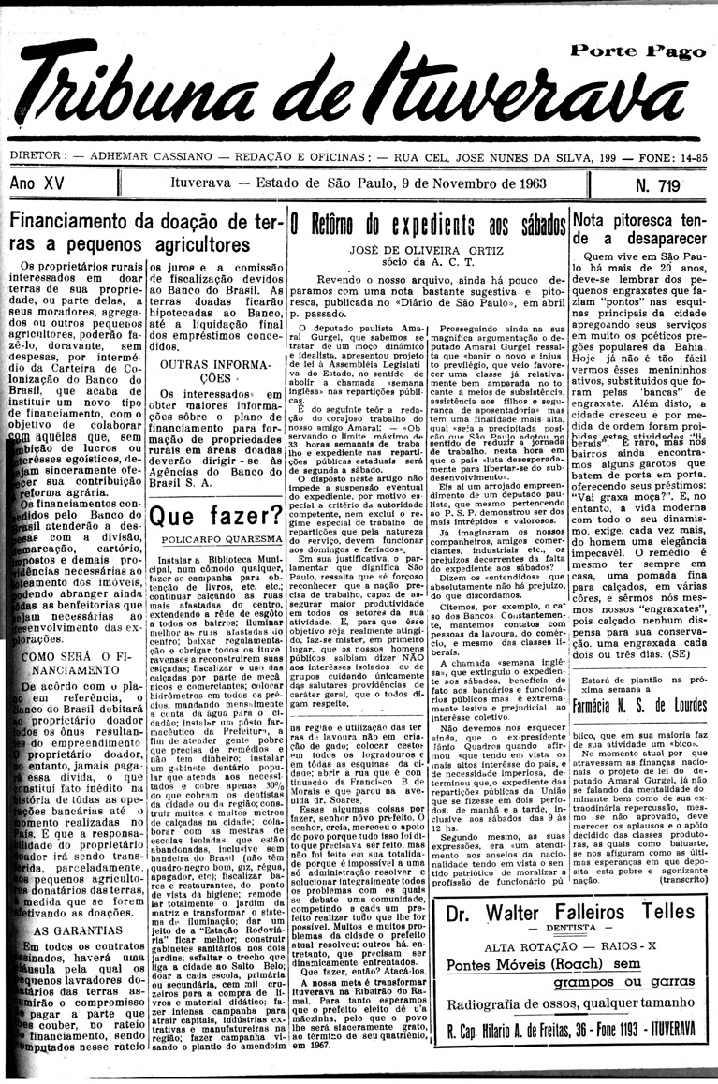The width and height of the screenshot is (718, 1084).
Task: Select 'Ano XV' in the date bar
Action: click(x=37, y=184)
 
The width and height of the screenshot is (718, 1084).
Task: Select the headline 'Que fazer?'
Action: click(x=215, y=515)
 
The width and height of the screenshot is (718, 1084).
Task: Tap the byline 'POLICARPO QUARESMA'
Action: click(x=215, y=540)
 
